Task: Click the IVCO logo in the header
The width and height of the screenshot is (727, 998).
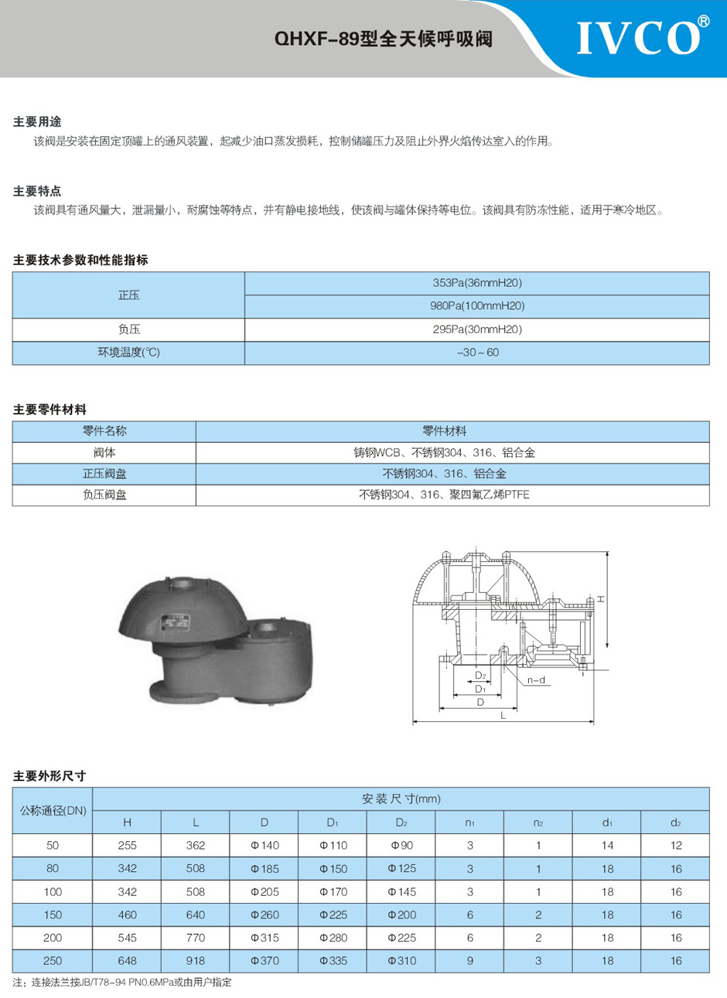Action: [640, 36]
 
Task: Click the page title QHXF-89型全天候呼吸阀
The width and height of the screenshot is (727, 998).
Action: [384, 39]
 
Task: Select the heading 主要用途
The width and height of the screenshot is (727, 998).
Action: [36, 121]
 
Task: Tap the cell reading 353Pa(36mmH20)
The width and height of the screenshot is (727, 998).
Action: [476, 283]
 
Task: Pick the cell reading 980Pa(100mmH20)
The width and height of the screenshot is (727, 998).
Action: [476, 306]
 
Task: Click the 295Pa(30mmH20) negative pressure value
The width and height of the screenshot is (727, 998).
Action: [476, 329]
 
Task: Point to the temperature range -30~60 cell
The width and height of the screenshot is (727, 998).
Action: [476, 353]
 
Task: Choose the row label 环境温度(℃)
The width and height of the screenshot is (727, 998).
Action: [128, 353]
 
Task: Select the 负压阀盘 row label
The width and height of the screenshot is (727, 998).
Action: [104, 495]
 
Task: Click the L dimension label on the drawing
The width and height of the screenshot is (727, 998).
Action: [503, 716]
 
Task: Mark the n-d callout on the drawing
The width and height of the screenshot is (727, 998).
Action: [536, 680]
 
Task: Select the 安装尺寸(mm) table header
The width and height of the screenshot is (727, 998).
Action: [401, 799]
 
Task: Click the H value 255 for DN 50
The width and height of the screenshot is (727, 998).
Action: [127, 846]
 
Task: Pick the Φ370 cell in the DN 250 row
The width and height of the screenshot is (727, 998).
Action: [265, 961]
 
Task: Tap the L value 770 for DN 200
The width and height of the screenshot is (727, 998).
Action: [196, 938]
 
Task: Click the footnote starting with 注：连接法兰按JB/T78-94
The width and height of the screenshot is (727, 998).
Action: [122, 983]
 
